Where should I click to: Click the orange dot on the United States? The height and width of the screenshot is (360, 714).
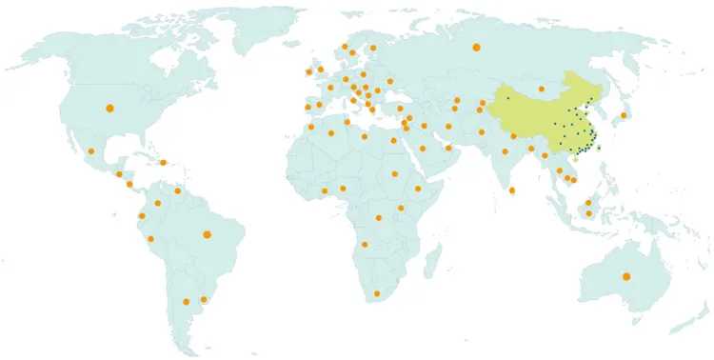(x=109, y=108)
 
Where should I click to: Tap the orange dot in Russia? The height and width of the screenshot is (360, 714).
(x=476, y=47)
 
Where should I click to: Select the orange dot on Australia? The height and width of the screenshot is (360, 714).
(x=625, y=276)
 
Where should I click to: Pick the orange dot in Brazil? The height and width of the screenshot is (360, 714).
(x=207, y=234)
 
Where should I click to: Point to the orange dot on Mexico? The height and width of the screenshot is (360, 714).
(x=91, y=151)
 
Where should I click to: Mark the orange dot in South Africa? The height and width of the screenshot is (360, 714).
(x=377, y=293)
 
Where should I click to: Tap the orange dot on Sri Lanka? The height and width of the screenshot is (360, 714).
(x=512, y=190)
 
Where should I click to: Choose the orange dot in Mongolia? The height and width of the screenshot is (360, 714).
(x=541, y=89)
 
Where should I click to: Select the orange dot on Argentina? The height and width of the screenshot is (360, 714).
(x=186, y=302)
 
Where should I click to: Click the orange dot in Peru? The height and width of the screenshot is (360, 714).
(x=150, y=238)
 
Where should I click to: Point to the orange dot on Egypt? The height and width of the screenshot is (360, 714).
(x=393, y=140)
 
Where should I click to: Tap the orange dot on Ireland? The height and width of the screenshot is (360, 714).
(x=308, y=71)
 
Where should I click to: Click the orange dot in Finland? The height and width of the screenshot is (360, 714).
(x=373, y=48)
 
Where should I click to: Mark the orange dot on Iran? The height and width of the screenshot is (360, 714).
(x=448, y=126)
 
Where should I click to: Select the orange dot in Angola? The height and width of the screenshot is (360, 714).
(x=365, y=245)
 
